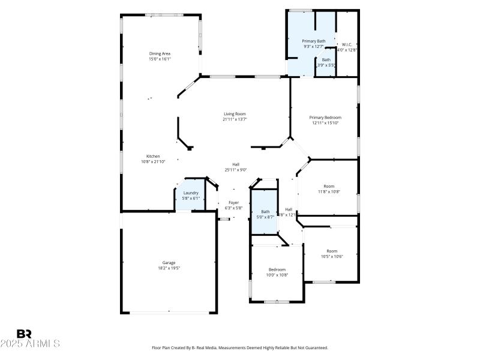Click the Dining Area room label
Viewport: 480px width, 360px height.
[x=160, y=53]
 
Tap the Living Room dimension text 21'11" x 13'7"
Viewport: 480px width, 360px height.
[x=235, y=119]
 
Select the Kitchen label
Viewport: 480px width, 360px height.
[x=153, y=156]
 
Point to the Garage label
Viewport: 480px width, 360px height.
[x=169, y=262]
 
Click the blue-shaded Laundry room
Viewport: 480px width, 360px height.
[x=191, y=196]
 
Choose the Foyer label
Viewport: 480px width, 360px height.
[x=233, y=203]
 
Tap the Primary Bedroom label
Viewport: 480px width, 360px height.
[x=325, y=117]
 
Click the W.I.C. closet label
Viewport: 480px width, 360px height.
[x=347, y=44]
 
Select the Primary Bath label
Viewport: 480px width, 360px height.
[x=313, y=41]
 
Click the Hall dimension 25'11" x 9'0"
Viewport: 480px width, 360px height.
[x=236, y=170]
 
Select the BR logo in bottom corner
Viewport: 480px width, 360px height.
[x=24, y=334]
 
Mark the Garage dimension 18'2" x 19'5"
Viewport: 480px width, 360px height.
[x=169, y=268]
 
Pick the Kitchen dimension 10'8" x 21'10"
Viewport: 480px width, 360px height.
[x=153, y=161]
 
